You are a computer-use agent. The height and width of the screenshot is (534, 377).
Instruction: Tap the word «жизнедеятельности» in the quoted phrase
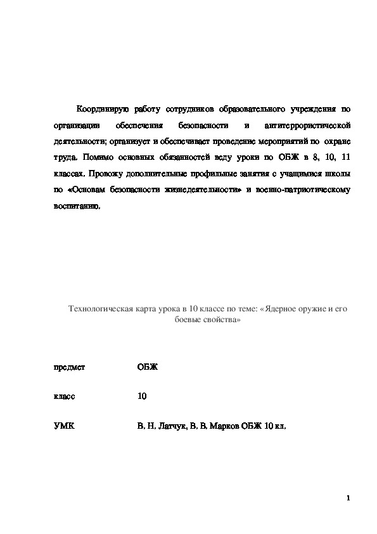coord(201,190)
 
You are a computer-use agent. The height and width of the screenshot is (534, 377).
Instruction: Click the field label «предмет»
coord(70,367)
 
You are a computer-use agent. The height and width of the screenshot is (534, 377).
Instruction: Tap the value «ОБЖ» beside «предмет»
coord(148,367)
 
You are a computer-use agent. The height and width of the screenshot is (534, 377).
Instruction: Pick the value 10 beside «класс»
coord(142,396)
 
